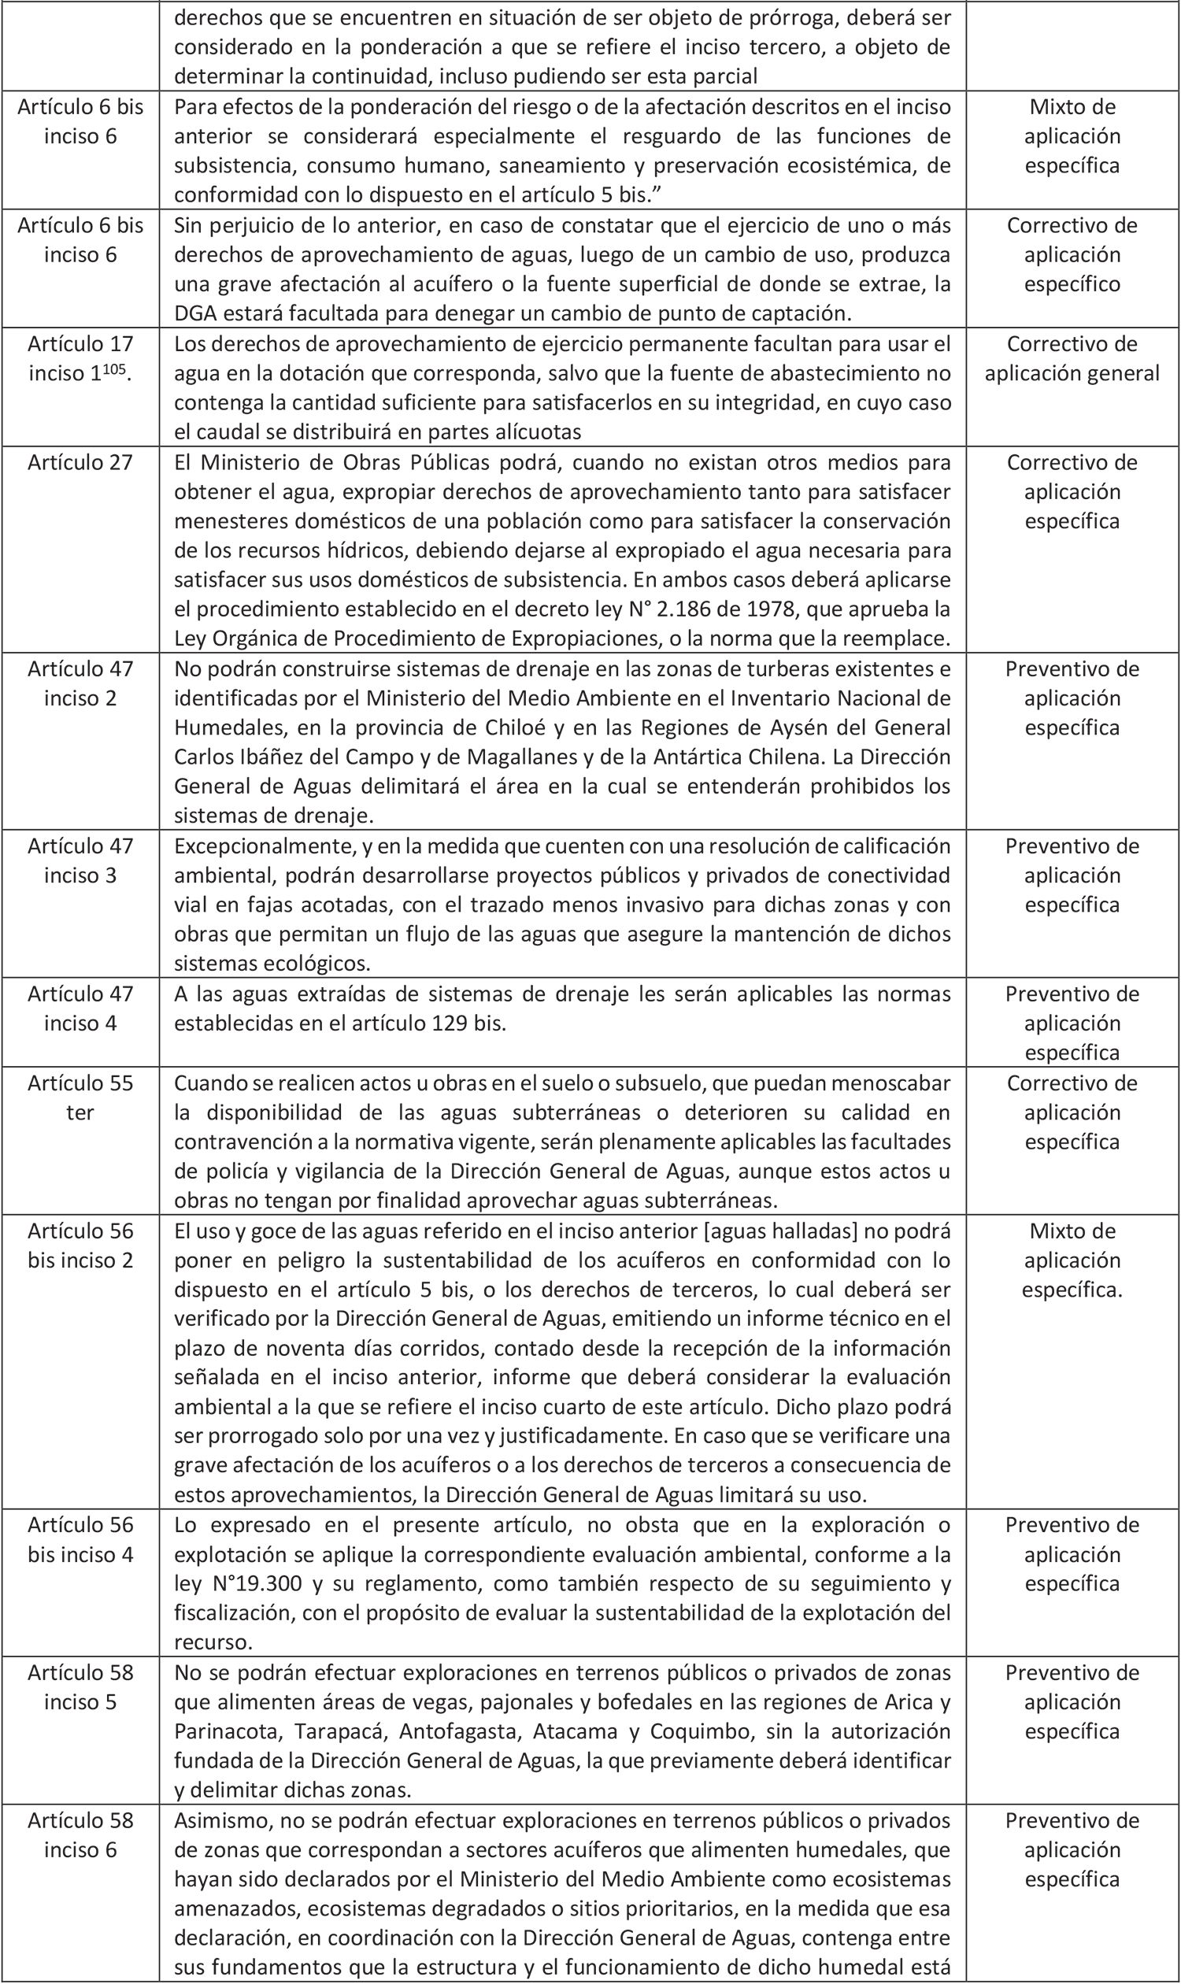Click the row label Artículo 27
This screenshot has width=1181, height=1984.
pos(80,462)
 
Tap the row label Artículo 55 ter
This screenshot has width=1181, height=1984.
pos(80,1097)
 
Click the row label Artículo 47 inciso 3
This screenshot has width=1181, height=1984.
pos(80,861)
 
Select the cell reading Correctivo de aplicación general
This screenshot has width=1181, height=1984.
pos(1072,358)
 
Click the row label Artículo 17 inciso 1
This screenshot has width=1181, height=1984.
pos(80,358)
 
